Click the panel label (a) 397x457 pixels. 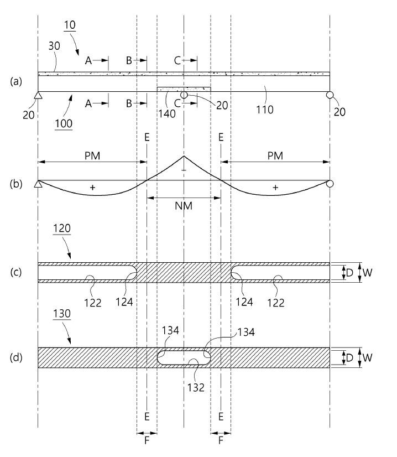pos(16,81)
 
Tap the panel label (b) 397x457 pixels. pos(16,184)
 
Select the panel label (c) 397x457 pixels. pos(16,272)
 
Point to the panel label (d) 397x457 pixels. pos(16,357)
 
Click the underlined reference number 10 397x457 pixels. pos(70,25)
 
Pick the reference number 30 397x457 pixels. pos(54,46)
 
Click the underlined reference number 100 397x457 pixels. pos(64,124)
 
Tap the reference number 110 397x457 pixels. pos(264,110)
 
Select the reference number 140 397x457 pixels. pos(166,113)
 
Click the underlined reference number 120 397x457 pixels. pos(62,228)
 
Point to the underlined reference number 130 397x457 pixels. pos(62,314)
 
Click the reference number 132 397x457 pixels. pos(196,387)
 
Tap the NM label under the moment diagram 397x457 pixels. pos(184,206)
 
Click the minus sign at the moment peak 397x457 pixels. pos(184,170)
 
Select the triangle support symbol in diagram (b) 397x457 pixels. pos(38,184)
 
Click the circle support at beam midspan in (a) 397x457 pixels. pos(184,95)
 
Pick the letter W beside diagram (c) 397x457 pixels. pos(367,273)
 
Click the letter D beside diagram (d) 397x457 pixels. pos(349,357)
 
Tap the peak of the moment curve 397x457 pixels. pos(184,156)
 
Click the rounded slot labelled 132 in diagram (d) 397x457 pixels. pos(184,357)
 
